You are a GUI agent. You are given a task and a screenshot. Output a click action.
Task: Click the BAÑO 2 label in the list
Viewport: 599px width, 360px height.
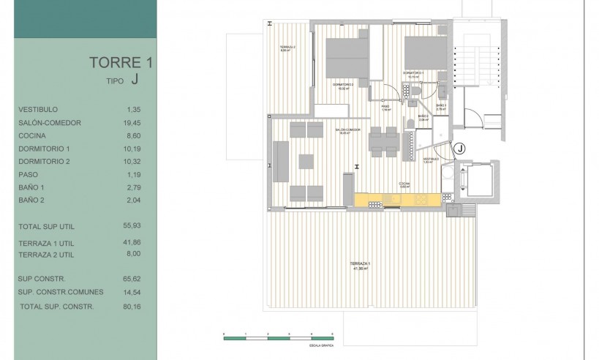pos(34,200)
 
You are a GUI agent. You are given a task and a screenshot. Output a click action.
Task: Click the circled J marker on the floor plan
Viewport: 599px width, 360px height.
pos(459,149)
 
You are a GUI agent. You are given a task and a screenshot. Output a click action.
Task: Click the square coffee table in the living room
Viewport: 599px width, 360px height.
pos(306,160)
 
